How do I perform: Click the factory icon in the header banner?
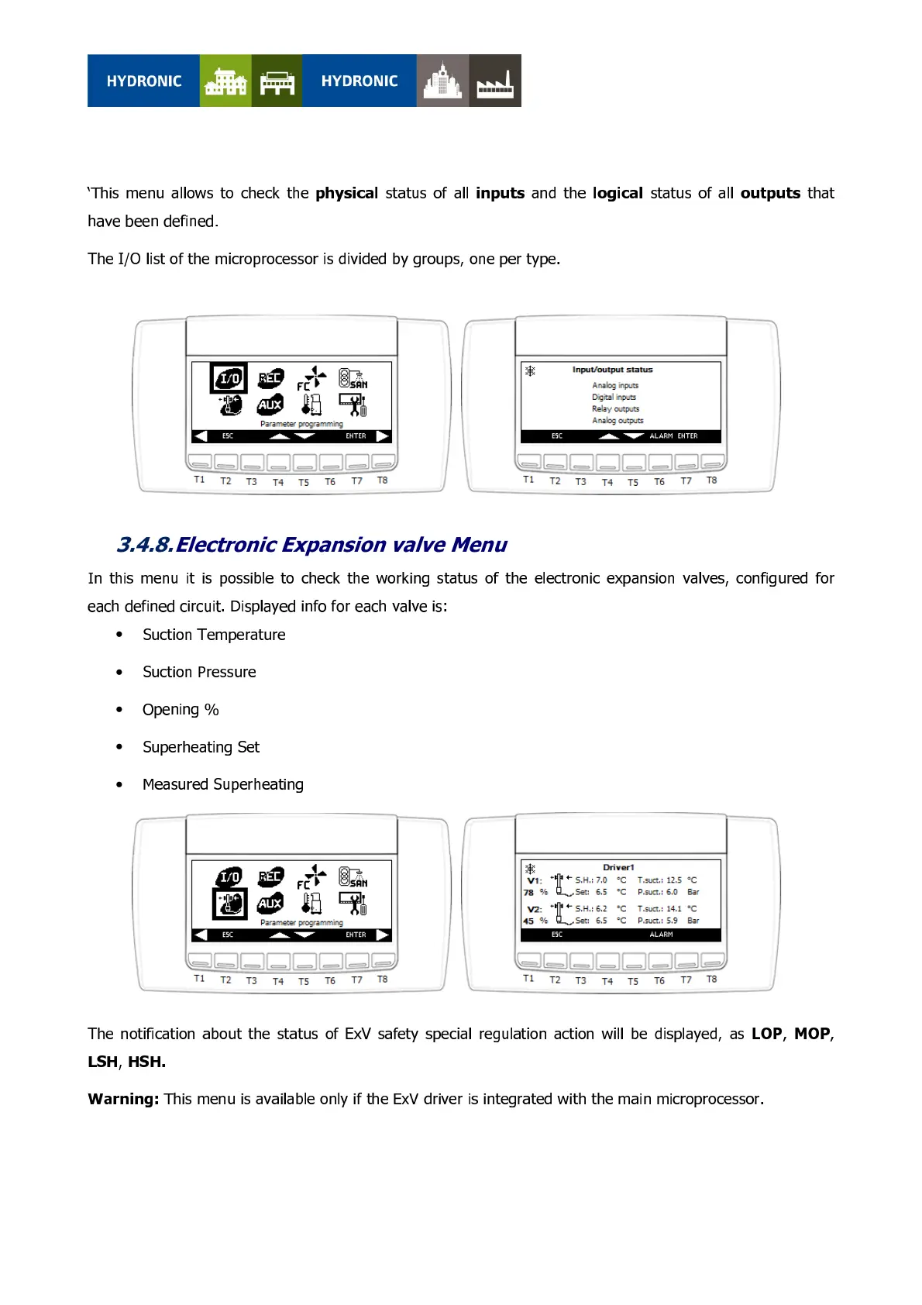coord(494,81)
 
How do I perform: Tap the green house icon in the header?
coord(225,81)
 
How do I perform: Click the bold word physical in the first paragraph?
coord(346,193)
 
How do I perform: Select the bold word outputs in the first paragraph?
coord(770,193)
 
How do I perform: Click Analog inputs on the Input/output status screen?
coord(615,385)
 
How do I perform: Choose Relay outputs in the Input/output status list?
coord(615,408)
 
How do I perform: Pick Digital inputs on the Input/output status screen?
coord(614,397)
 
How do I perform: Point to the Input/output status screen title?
coord(612,370)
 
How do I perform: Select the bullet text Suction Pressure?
coord(199,672)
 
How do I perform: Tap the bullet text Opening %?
coord(181,710)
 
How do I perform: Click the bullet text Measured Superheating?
coord(223,784)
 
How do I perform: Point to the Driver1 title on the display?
coord(618,867)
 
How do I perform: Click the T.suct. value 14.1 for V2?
coord(673,908)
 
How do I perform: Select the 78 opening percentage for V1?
coord(528,893)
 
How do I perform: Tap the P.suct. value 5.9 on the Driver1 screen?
coord(671,921)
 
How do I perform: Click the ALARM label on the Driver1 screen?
coord(661,935)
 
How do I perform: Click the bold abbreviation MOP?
coord(812,1034)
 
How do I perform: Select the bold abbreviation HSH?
coord(146,1062)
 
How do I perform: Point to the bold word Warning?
coord(123,1099)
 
